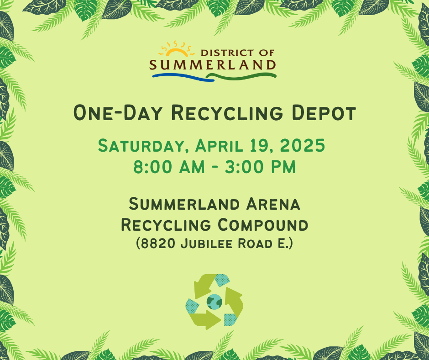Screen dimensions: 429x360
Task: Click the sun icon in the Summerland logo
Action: tap(177, 49)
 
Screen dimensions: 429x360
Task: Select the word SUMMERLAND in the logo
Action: tap(213, 65)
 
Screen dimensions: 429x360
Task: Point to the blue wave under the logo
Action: tap(183, 77)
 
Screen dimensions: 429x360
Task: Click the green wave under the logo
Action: tap(241, 76)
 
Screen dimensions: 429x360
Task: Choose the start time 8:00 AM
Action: tap(169, 167)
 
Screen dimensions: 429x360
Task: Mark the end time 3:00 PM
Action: tap(260, 167)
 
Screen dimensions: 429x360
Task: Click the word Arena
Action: tap(273, 204)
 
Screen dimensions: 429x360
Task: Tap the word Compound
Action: tap(263, 225)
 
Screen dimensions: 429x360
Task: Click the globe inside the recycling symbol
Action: tap(214, 302)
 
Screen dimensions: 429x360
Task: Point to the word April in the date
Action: tap(219, 146)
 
